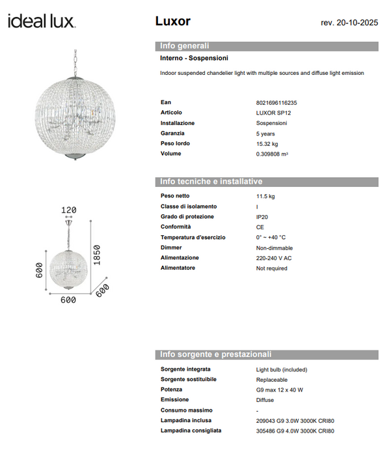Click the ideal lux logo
[x=42, y=21]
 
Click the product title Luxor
[x=172, y=21]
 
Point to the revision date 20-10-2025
[x=349, y=23]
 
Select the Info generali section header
[x=185, y=46]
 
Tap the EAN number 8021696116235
[x=276, y=103]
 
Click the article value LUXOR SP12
[x=273, y=113]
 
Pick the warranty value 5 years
[x=265, y=133]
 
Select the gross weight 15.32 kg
[x=267, y=143]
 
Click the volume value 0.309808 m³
[x=272, y=154]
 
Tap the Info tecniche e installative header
[x=211, y=181]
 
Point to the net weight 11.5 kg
[x=265, y=196]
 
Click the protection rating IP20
[x=262, y=217]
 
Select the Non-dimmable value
[x=275, y=248]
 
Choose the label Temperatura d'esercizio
[x=193, y=237]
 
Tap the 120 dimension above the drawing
[x=68, y=210]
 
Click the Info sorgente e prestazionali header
[x=215, y=354]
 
